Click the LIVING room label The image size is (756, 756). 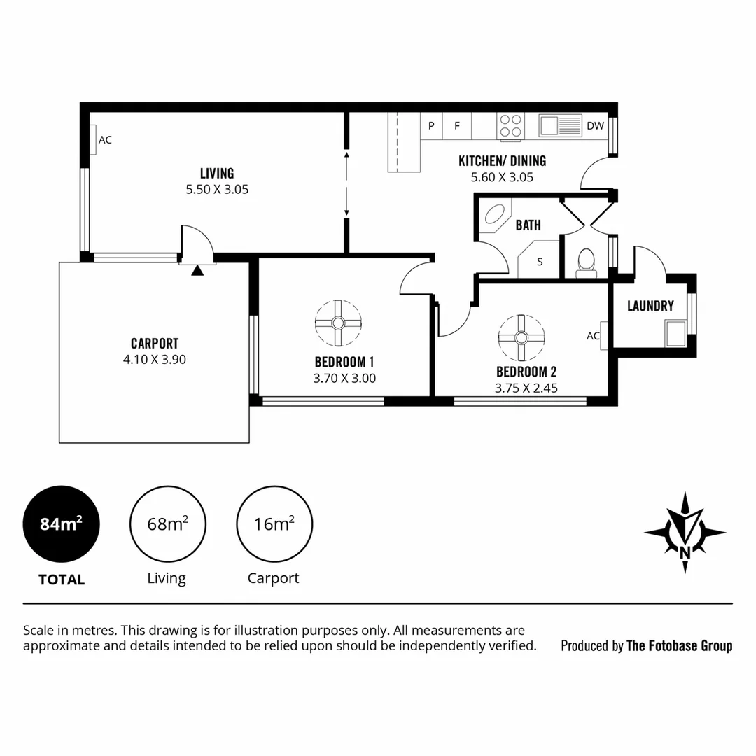click(217, 173)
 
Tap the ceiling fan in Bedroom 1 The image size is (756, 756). click(338, 323)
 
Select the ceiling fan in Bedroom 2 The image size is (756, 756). click(521, 337)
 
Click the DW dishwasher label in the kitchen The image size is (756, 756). click(595, 126)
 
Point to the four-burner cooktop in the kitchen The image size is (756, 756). click(510, 125)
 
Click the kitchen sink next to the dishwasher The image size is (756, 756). click(560, 125)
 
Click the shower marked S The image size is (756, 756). click(539, 260)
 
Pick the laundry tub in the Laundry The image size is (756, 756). click(675, 332)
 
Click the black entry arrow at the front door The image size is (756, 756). click(197, 270)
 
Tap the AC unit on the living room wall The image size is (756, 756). click(93, 140)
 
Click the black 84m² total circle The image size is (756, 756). click(62, 524)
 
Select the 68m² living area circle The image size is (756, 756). click(167, 524)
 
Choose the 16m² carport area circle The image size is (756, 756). click(274, 524)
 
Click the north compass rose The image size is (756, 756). click(685, 532)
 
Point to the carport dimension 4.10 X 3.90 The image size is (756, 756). click(154, 360)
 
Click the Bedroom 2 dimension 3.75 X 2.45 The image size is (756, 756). click(526, 388)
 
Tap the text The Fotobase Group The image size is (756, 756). click(679, 646)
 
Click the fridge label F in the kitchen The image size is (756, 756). click(457, 126)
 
